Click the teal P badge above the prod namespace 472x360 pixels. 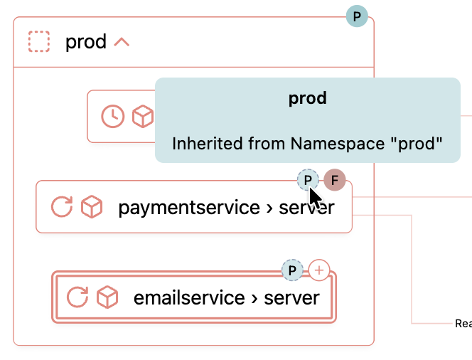click(x=357, y=16)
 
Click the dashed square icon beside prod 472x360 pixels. click(x=39, y=41)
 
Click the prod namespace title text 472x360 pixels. click(x=85, y=42)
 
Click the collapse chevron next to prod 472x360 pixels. click(x=122, y=42)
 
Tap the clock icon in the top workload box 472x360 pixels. click(x=113, y=116)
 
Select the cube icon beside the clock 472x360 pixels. click(x=143, y=116)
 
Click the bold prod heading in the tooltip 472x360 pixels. click(x=307, y=98)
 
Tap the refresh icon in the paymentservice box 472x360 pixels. click(x=62, y=207)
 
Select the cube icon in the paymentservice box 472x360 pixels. click(x=92, y=207)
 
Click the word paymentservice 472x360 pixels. click(x=189, y=208)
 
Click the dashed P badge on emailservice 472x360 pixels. click(x=292, y=270)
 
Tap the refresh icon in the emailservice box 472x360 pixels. click(x=77, y=296)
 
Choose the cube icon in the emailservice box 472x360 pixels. click(x=107, y=296)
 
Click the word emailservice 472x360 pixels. click(x=189, y=297)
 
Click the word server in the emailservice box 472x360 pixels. click(x=291, y=297)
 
